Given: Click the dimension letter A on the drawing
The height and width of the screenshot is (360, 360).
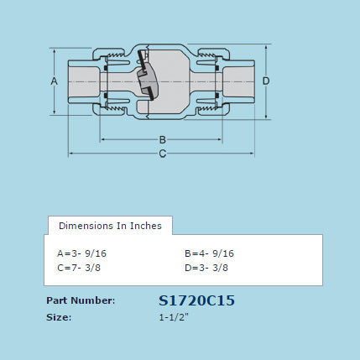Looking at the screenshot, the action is tap(54, 81).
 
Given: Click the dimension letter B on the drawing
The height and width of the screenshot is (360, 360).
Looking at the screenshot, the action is tap(163, 139).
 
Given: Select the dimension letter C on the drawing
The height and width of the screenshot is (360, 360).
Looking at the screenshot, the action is tap(163, 154).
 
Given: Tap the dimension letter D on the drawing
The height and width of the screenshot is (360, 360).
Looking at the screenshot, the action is tap(266, 81).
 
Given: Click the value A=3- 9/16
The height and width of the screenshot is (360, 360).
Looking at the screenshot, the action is tap(81, 253).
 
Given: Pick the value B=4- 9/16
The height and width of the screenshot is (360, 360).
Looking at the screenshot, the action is tap(209, 253).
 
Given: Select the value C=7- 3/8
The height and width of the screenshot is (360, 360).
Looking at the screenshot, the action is tap(79, 268).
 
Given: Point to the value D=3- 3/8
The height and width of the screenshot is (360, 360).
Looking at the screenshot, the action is tap(206, 268).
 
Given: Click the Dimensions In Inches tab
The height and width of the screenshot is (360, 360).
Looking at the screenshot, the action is tap(110, 226).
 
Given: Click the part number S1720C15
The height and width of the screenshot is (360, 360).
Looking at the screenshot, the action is tap(196, 300).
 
